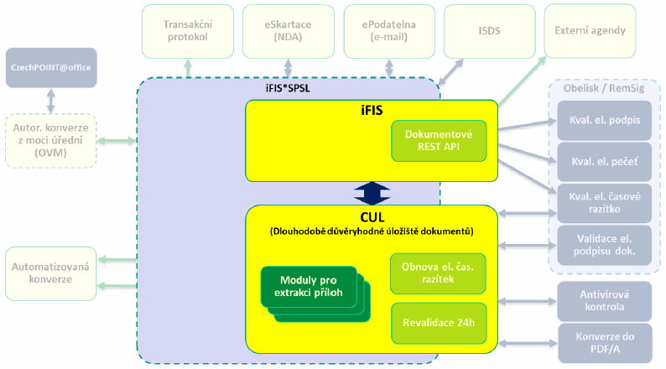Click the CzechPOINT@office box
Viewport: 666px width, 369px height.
pos(51,68)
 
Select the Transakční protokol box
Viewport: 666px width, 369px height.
pos(188,31)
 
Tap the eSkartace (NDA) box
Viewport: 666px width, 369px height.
pos(288,31)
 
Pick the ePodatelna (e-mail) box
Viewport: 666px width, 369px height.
pos(389,31)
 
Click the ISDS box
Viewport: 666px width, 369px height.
pos(489,31)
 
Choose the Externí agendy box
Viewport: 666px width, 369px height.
pos(590,30)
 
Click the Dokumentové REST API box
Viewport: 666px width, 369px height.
pos(439,141)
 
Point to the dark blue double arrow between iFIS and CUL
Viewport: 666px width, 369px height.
pos(372,193)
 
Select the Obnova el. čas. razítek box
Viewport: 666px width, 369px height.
pos(438,273)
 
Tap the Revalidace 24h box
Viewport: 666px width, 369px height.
pos(439,323)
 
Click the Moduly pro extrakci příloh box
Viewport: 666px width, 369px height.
pos(315,294)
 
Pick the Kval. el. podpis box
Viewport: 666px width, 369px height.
pos(605,120)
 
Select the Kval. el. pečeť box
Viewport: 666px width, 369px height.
pos(605,162)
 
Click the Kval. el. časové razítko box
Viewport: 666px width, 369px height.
pos(605,203)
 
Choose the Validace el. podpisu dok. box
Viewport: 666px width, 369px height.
pos(605,245)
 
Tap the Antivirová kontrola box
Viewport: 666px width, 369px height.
pos(605,301)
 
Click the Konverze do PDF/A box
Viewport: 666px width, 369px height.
pos(605,343)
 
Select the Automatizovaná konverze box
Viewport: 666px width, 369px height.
pos(51,273)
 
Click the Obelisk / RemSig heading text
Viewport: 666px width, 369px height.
pos(604,88)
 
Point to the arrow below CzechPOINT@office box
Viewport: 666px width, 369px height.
pos(51,101)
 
